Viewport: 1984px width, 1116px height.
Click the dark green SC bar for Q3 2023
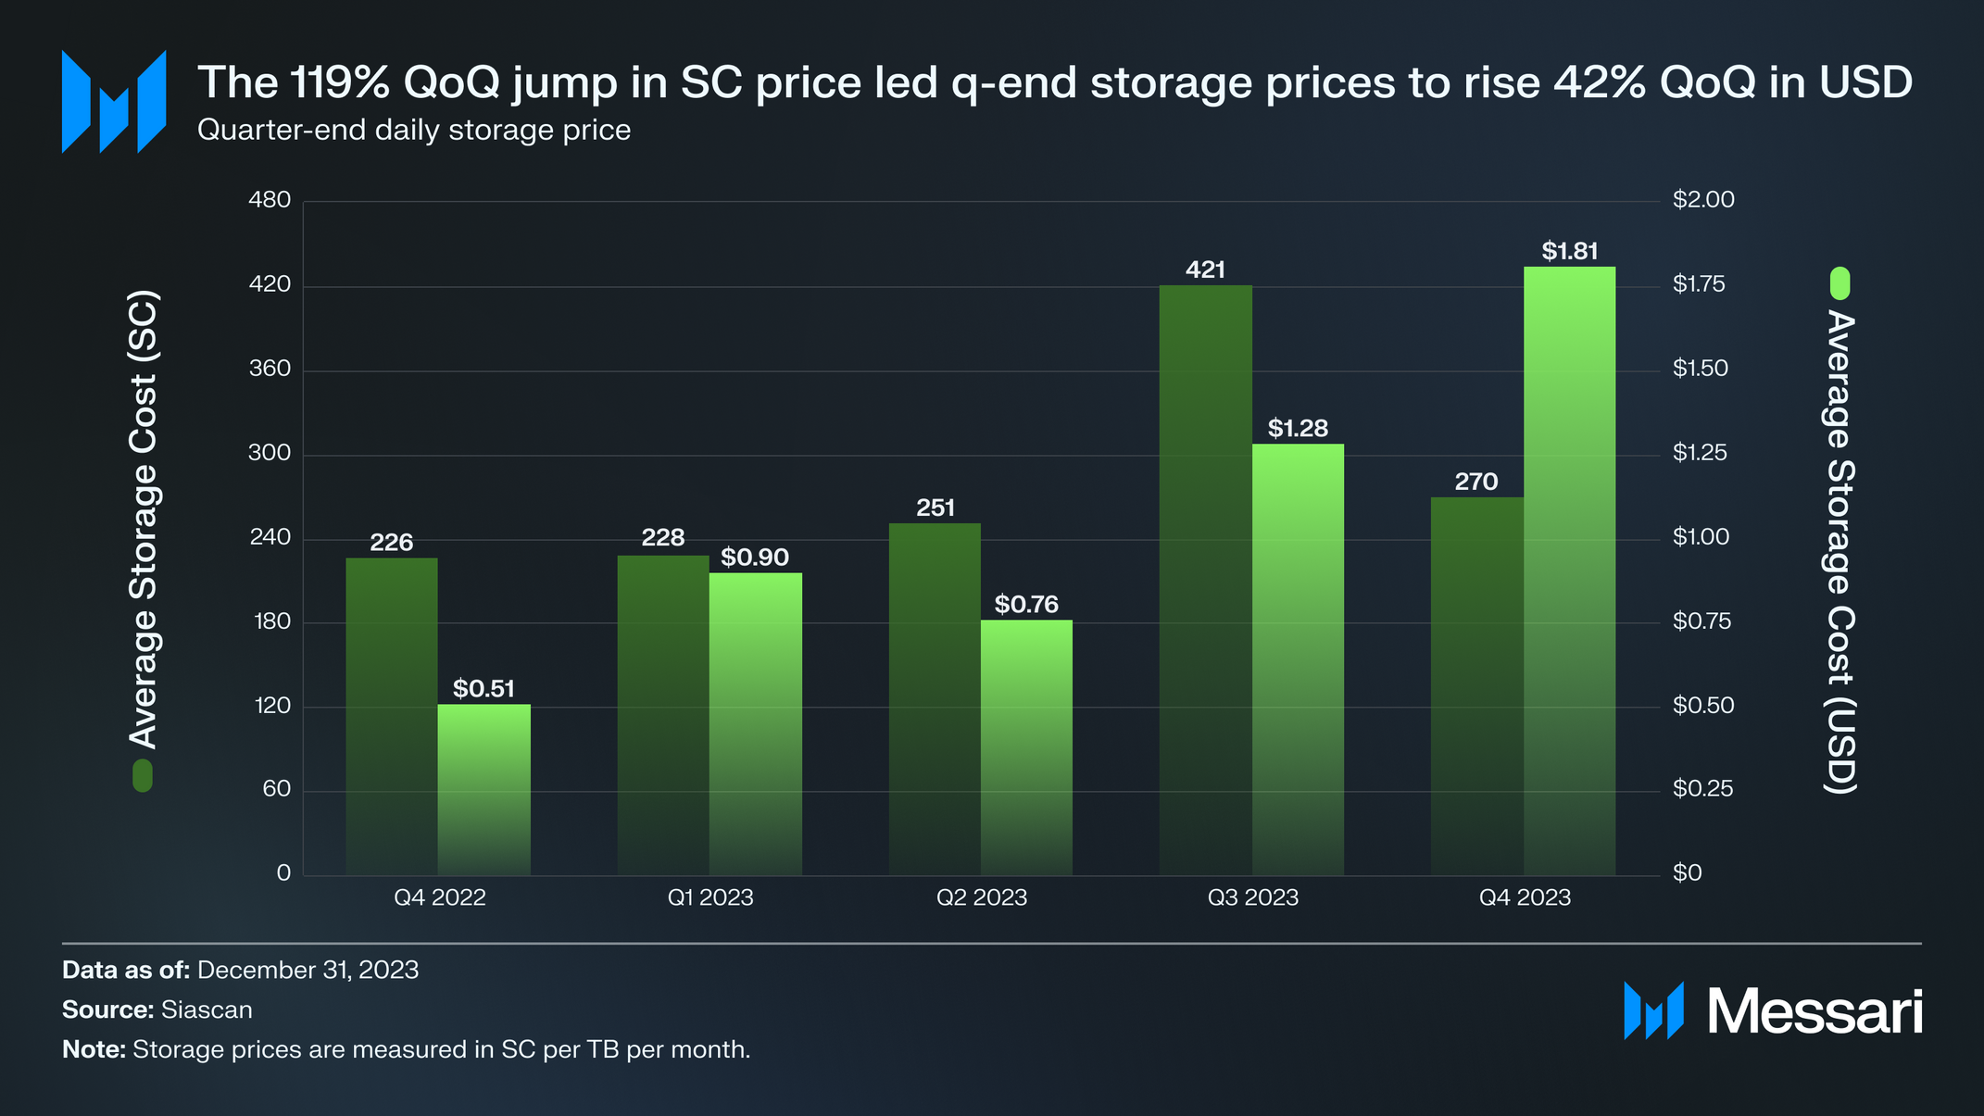click(1205, 580)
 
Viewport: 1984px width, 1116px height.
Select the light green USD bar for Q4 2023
click(1569, 571)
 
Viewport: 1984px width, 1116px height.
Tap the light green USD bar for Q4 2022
click(483, 789)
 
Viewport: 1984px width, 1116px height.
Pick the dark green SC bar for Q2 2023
click(935, 698)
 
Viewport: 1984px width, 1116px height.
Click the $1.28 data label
click(1298, 429)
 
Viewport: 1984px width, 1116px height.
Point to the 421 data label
click(1205, 270)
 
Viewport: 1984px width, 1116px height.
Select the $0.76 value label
click(1026, 605)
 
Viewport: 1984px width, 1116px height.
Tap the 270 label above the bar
click(1476, 482)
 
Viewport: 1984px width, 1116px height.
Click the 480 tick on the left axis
click(270, 200)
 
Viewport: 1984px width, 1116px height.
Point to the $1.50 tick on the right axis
click(1701, 369)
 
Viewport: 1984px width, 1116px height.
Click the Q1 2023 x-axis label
click(710, 897)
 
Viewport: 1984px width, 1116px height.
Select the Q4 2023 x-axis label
click(1525, 897)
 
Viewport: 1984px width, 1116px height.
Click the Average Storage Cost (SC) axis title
click(144, 520)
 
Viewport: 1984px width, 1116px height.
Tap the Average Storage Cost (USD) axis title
click(1840, 552)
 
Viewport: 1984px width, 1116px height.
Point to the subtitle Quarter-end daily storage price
click(414, 131)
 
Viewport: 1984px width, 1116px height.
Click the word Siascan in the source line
click(207, 1009)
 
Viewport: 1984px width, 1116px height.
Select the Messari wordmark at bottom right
click(1814, 1011)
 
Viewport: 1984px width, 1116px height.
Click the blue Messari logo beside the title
click(113, 101)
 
